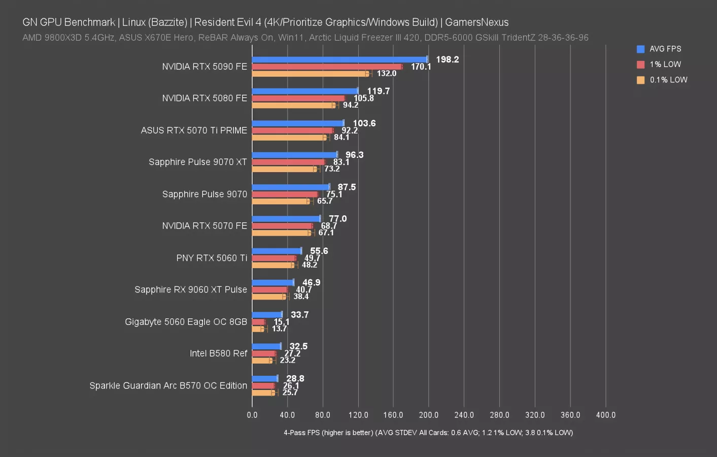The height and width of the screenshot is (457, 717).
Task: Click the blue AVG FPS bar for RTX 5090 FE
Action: click(x=339, y=59)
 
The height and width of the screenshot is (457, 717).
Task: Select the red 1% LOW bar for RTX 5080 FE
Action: click(x=298, y=99)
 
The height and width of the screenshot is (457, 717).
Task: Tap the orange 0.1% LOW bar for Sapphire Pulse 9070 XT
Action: click(x=284, y=169)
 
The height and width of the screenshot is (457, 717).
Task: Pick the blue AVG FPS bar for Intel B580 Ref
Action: click(x=266, y=346)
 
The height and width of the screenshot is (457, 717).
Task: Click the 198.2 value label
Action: click(x=447, y=59)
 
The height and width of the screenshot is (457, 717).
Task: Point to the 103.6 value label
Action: click(x=364, y=123)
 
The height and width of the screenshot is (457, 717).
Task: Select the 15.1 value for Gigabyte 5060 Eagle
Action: click(x=282, y=322)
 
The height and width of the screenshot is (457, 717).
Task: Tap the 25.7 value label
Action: click(x=290, y=393)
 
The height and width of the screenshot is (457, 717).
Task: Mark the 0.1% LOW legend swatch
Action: click(x=640, y=80)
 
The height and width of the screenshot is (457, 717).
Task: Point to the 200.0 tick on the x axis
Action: click(x=429, y=415)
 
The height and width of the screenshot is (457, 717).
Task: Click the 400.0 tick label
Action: click(x=605, y=415)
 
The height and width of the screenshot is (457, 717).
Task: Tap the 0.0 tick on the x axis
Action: click(x=252, y=415)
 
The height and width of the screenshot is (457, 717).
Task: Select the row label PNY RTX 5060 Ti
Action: click(x=212, y=258)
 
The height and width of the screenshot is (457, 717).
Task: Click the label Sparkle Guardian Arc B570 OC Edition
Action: click(x=168, y=385)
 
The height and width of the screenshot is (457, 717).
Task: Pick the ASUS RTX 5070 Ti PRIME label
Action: click(x=194, y=130)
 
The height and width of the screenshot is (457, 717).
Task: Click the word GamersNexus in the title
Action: click(x=476, y=22)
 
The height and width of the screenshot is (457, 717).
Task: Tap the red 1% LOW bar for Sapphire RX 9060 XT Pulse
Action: click(x=269, y=290)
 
